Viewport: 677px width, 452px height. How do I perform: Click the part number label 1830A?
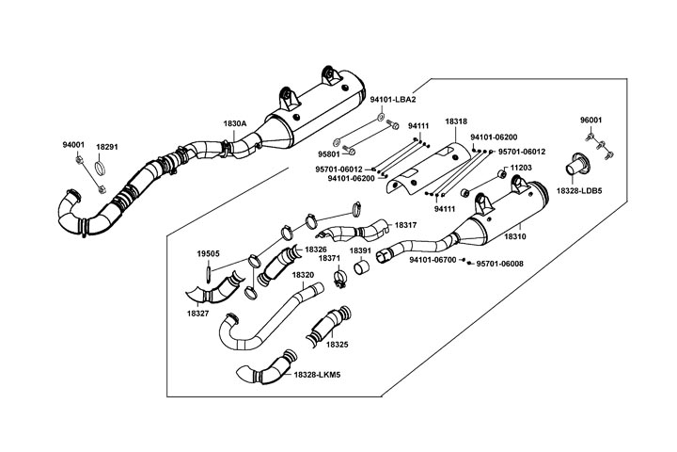pyautogui.click(x=235, y=123)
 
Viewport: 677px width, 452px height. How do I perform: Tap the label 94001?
pyautogui.click(x=73, y=145)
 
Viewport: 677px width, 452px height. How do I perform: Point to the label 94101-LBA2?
pyautogui.click(x=392, y=99)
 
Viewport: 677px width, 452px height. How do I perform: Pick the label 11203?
pyautogui.click(x=520, y=168)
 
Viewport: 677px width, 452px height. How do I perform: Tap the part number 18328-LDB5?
pyautogui.click(x=579, y=191)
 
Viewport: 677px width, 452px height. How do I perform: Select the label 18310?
pyautogui.click(x=515, y=236)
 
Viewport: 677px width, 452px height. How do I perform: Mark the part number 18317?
pyautogui.click(x=406, y=225)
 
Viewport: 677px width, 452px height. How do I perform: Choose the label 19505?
pyautogui.click(x=208, y=254)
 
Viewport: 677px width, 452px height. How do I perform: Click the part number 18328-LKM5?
pyautogui.click(x=317, y=375)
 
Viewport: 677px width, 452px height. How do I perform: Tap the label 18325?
pyautogui.click(x=338, y=345)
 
